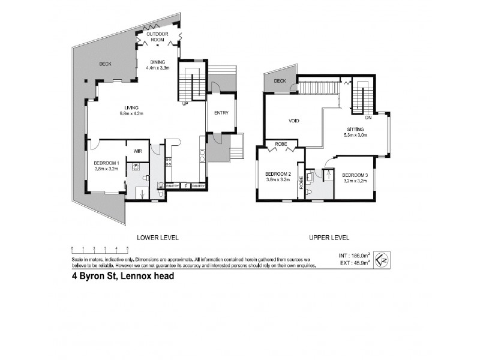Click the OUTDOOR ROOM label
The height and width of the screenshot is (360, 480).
pos(159,37)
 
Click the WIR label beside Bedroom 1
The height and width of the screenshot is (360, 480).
pos(137,151)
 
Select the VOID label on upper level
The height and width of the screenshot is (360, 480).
pos(293,121)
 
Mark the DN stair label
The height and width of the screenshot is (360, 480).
pos(368,118)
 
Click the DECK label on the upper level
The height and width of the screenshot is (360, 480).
pos(280,81)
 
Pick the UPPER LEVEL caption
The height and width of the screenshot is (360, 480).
pos(329,237)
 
